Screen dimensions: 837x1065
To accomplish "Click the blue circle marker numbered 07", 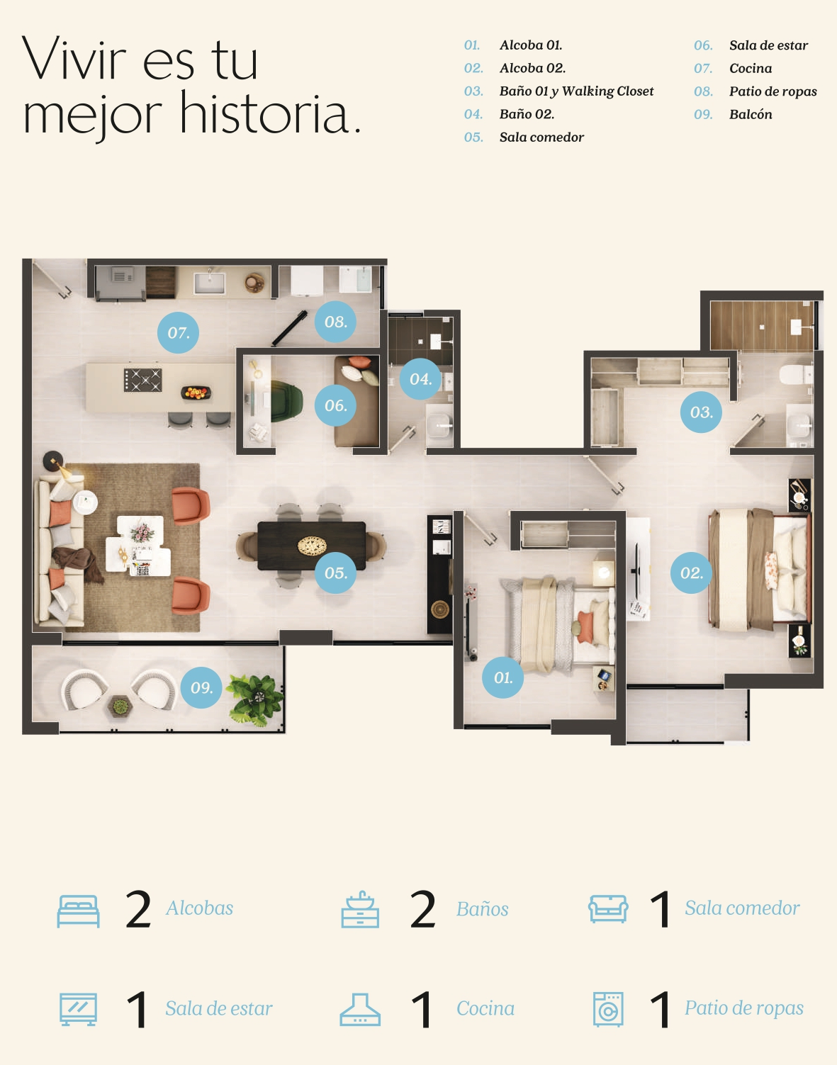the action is click(178, 333).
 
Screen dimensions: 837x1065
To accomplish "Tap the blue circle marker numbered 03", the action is click(701, 412).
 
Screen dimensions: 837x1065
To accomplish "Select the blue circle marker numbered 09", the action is click(201, 687).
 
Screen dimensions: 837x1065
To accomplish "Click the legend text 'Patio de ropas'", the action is click(773, 91).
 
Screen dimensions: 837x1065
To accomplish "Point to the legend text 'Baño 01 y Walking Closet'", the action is click(576, 91).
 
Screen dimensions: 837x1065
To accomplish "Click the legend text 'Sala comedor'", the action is click(541, 137).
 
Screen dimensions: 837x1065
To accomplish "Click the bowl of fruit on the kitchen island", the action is click(196, 393).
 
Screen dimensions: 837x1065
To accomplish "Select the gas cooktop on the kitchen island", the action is click(142, 380).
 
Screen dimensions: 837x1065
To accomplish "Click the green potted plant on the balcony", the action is click(256, 699).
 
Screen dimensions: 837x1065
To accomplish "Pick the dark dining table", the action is click(312, 546).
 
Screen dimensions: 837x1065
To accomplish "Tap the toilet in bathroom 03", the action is click(797, 375).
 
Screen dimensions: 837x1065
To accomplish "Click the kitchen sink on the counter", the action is click(210, 283).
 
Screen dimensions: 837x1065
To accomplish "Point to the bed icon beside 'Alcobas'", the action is click(79, 911).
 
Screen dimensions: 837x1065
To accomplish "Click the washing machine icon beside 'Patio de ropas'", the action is click(608, 1009).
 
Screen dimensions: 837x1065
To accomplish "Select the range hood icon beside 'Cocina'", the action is click(360, 1010).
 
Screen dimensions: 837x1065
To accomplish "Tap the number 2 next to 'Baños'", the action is click(423, 910).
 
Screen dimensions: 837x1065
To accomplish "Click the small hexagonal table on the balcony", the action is click(120, 706).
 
